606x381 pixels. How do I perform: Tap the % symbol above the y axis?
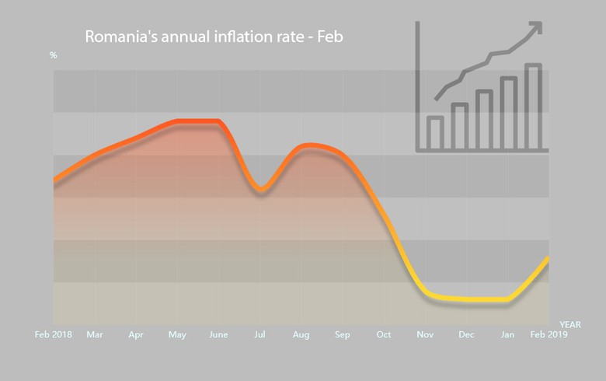[54, 55]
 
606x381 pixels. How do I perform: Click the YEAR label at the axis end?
[569, 323]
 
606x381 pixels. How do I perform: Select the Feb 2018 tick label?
[54, 335]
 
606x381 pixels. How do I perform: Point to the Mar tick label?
[95, 335]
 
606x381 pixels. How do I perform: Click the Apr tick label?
[136, 335]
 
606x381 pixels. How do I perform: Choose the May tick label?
[177, 335]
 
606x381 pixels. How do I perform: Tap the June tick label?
[218, 335]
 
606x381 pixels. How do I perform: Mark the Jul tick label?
[259, 335]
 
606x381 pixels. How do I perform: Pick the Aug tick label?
[301, 335]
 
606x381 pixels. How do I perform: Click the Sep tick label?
[343, 335]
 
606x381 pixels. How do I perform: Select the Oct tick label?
[384, 335]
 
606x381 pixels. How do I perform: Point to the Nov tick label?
[425, 335]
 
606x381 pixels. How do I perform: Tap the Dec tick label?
[466, 335]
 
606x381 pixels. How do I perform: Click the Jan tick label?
[507, 335]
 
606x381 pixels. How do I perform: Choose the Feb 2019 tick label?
[549, 335]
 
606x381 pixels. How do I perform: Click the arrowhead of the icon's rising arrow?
[535, 29]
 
